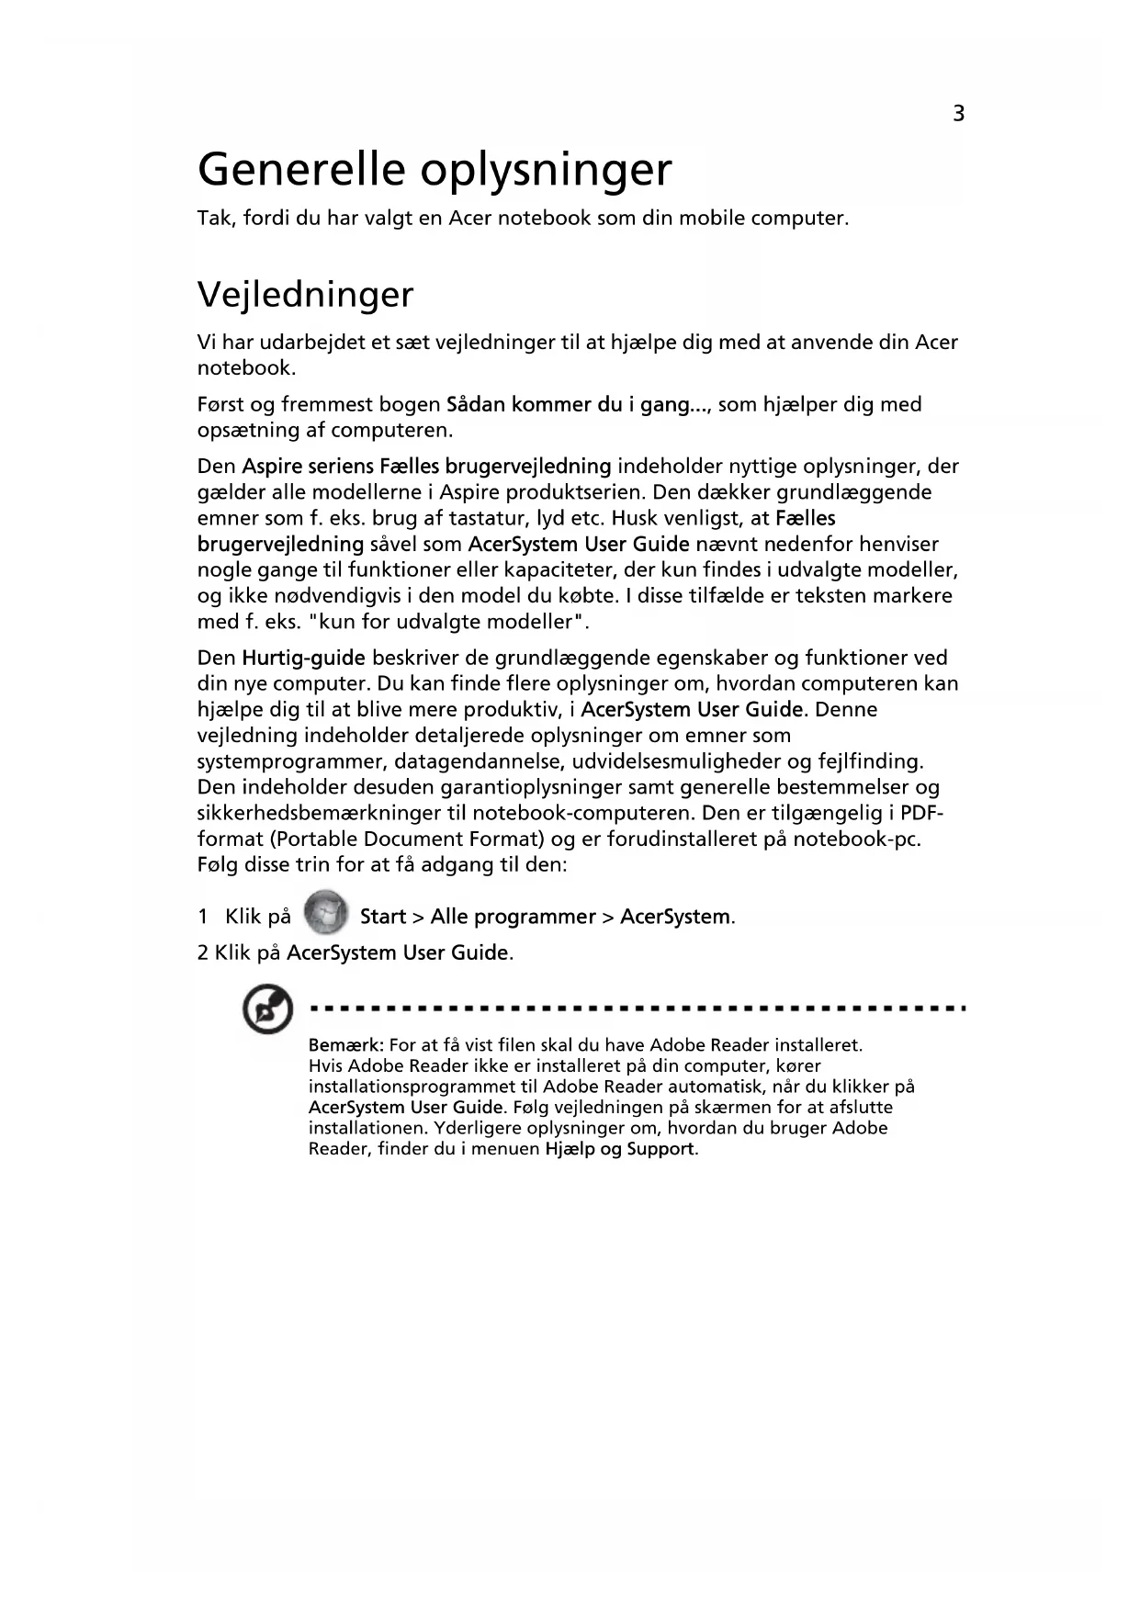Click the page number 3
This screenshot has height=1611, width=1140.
[958, 114]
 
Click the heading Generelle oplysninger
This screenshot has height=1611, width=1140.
[435, 170]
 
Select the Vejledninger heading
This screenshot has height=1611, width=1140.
[305, 295]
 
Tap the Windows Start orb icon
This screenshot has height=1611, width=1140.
[325, 912]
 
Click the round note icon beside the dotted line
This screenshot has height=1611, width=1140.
[266, 1011]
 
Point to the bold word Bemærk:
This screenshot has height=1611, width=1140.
[345, 1045]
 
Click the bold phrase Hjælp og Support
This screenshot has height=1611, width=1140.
[620, 1149]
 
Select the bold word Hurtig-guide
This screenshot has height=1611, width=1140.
[303, 658]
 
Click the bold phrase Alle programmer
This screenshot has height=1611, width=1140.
[513, 917]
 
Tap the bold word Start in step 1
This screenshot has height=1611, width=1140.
[382, 917]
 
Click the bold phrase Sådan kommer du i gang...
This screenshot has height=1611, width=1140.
[568, 404]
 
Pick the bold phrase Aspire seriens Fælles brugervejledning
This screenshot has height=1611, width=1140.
[426, 467]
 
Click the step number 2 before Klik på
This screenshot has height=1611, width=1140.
[202, 952]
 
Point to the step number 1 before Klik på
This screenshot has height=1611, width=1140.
[202, 917]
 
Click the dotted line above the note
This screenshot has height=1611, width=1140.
[638, 1008]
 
